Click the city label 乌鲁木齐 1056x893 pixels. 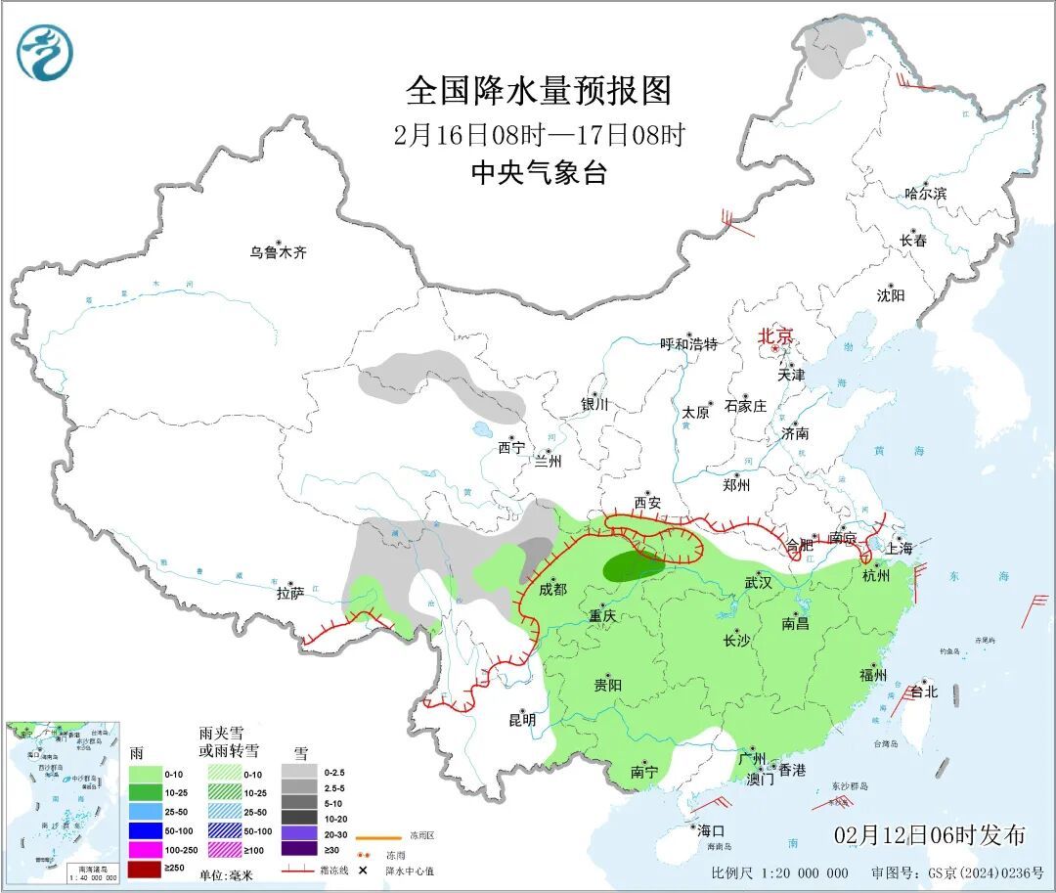[x=278, y=252]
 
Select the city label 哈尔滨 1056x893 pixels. [x=925, y=194]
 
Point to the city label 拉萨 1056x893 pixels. [x=290, y=593]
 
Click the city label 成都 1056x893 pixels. [x=552, y=589]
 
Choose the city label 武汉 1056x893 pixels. [x=758, y=582]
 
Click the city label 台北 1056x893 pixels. [x=923, y=692]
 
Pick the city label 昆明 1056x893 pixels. [x=521, y=720]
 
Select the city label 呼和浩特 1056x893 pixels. [x=688, y=344]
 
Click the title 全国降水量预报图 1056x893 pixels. [x=539, y=91]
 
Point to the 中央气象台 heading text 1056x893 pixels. [x=539, y=173]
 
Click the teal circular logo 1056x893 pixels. [x=45, y=53]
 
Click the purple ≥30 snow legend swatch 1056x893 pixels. [x=302, y=848]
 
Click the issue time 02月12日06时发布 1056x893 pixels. [x=930, y=835]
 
